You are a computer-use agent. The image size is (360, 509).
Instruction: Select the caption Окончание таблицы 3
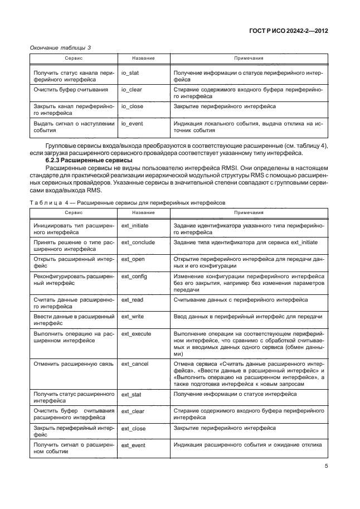pyautogui.click(x=60, y=47)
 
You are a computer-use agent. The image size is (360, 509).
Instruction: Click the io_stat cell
pyautogui.click(x=130, y=73)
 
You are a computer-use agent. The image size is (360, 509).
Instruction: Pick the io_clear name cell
pyautogui.click(x=132, y=89)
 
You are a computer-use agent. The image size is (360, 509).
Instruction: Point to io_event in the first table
pyautogui.click(x=133, y=124)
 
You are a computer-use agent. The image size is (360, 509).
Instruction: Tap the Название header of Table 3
pyautogui.click(x=143, y=58)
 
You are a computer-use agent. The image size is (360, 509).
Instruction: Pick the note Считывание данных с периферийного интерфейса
pyautogui.click(x=240, y=299)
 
